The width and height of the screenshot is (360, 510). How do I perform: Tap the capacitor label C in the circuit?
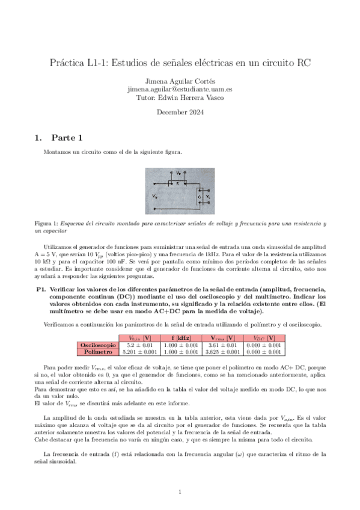tap(199, 196)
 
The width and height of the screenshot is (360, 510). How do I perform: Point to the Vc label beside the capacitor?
tap(207, 197)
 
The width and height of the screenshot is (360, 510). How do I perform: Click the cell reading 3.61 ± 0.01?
tap(222, 345)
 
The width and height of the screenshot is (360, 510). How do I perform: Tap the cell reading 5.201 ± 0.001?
tap(139, 351)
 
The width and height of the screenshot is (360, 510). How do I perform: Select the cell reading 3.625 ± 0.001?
tap(222, 351)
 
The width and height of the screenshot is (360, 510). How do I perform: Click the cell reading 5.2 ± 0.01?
tap(139, 345)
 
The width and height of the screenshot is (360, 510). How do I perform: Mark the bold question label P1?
tap(41, 289)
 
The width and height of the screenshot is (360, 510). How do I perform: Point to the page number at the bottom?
tap(180, 493)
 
